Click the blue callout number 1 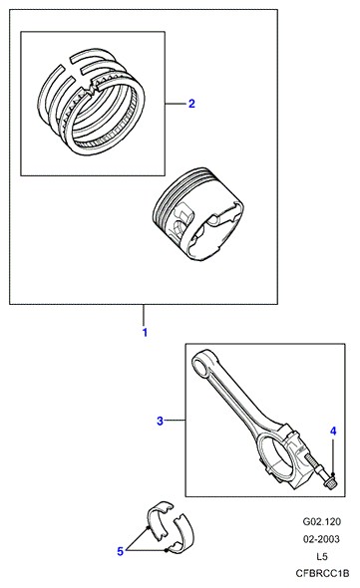click(x=145, y=332)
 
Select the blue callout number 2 click(x=191, y=104)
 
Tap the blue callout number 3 click(x=160, y=421)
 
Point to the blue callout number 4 click(x=333, y=432)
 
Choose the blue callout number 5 click(x=120, y=551)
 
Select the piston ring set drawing click(x=92, y=102)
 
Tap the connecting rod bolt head click(x=329, y=481)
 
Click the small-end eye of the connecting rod click(x=202, y=362)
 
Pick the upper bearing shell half click(x=161, y=519)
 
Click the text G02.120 click(x=322, y=521)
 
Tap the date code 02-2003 click(x=321, y=539)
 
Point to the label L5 click(x=321, y=556)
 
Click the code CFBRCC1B click(x=322, y=573)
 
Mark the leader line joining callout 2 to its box click(x=176, y=104)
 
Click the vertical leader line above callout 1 click(x=143, y=315)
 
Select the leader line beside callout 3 click(x=175, y=421)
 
